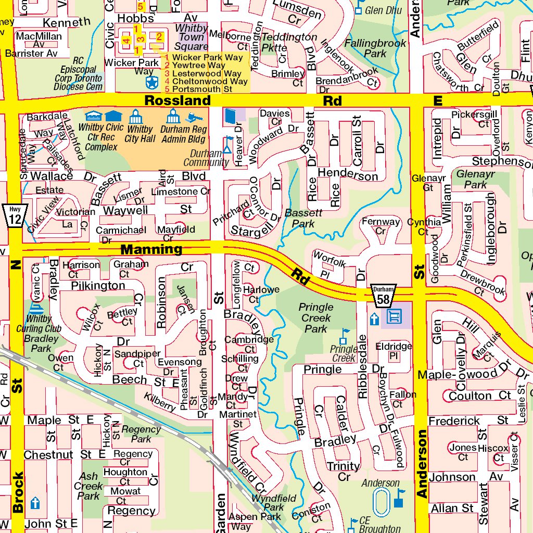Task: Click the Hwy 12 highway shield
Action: (15, 215)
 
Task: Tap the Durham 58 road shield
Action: (384, 295)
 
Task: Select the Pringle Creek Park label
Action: (316, 318)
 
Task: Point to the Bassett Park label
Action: (303, 218)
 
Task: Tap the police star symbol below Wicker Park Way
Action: (151, 82)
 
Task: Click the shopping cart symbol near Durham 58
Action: (395, 315)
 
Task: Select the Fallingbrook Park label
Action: (375, 48)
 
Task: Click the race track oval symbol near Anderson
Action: (382, 501)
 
